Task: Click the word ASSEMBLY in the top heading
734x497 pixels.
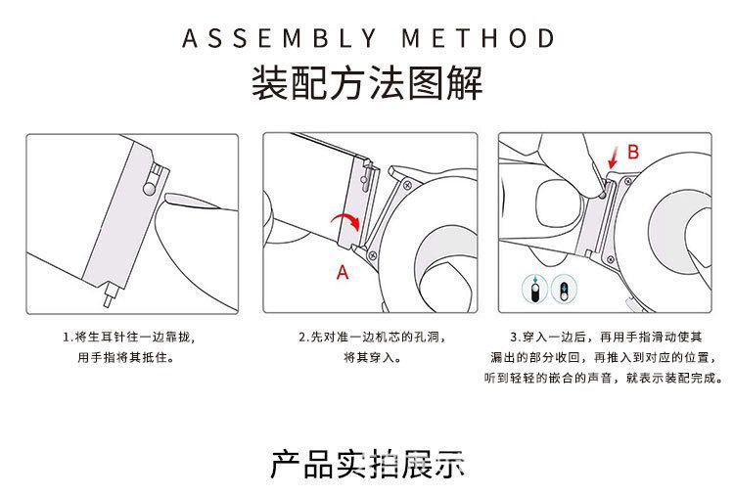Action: (278, 39)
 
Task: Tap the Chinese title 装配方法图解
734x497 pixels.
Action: (367, 84)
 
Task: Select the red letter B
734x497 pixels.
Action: (632, 153)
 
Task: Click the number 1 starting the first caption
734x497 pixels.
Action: (65, 337)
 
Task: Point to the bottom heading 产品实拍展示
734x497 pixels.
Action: (366, 464)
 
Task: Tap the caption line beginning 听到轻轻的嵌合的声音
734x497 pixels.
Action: (604, 378)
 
